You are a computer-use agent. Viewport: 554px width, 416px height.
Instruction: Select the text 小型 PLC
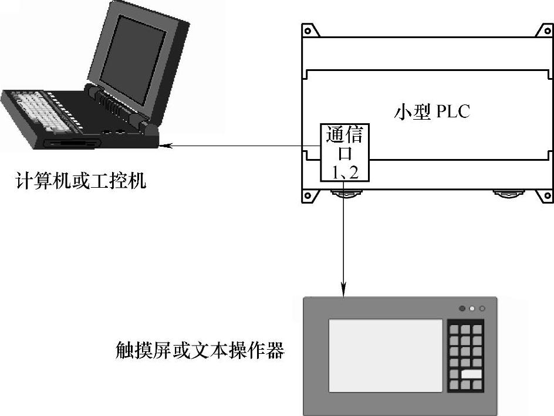[431, 111]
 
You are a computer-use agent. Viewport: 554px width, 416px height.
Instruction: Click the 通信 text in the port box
[343, 135]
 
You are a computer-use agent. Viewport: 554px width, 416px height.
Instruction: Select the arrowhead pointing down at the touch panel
[343, 291]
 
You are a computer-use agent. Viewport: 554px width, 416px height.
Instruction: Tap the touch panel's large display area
[385, 355]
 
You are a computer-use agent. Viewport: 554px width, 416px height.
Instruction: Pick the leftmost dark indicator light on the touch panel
[462, 308]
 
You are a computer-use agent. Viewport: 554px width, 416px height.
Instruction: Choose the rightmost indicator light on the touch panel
[482, 308]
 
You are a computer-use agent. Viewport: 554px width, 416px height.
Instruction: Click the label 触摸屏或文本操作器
[200, 351]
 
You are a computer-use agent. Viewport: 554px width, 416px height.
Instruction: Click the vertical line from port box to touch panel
[343, 235]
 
